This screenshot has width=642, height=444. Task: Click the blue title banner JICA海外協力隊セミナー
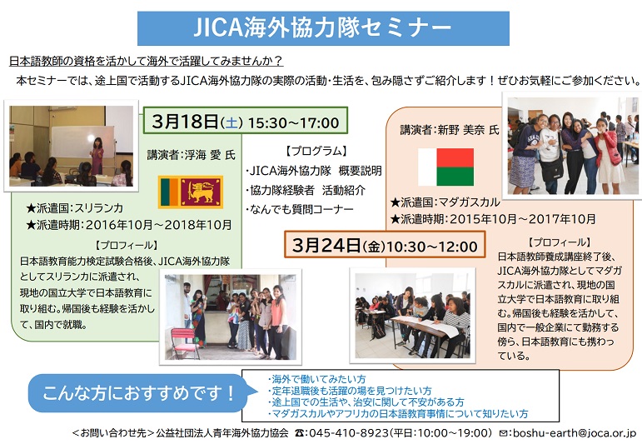(x=323, y=27)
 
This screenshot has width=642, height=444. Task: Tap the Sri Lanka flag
(x=191, y=192)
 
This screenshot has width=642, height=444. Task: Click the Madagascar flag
(x=445, y=167)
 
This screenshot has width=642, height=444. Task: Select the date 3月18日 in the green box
(x=185, y=122)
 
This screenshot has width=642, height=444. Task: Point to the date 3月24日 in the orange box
(x=326, y=246)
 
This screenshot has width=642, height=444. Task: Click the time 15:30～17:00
(x=293, y=122)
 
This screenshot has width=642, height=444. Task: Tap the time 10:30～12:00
(x=431, y=247)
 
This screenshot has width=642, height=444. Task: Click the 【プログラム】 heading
(x=316, y=151)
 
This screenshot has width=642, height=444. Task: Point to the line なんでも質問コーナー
(x=301, y=209)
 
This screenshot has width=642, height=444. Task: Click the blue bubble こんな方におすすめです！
(x=139, y=393)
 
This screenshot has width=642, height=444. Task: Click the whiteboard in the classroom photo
(x=82, y=142)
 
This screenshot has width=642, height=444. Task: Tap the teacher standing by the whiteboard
(x=97, y=156)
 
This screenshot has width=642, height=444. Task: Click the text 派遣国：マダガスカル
(x=450, y=202)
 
